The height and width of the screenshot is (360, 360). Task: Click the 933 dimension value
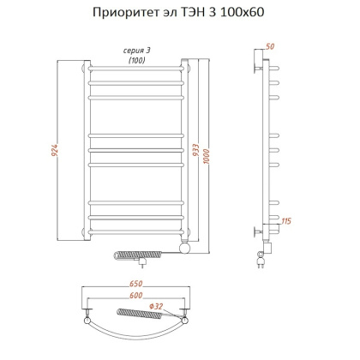pyautogui.click(x=197, y=153)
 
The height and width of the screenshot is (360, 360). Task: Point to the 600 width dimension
pyautogui.click(x=137, y=296)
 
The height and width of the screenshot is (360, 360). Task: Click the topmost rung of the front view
pyautogui.click(x=137, y=67)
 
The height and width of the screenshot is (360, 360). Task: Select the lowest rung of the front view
pyautogui.click(x=137, y=232)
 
